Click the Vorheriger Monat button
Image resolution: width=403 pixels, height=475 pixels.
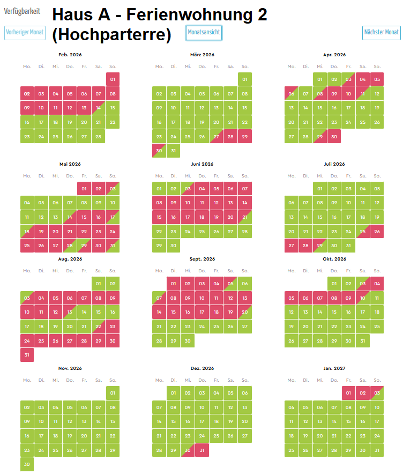coord(25,33)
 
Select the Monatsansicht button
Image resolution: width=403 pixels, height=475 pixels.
coord(204,33)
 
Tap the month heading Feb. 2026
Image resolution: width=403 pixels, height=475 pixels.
coord(70,55)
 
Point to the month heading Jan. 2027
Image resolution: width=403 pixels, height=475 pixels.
coord(334,368)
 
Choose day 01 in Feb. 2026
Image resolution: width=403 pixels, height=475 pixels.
coord(113,79)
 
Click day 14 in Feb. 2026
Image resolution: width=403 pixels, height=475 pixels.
coord(99,108)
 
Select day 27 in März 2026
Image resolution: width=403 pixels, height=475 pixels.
coord(216,137)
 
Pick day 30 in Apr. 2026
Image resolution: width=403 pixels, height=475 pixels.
coord(334,137)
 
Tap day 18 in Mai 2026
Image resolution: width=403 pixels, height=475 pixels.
coord(27,232)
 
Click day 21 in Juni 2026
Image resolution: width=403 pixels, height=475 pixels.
coord(244,217)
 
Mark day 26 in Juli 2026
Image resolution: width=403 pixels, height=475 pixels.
coord(377,232)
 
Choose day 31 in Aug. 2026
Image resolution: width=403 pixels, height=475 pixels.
coord(27,355)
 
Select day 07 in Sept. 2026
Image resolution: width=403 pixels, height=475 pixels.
coord(159,298)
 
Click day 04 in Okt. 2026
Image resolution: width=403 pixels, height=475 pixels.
coord(377,284)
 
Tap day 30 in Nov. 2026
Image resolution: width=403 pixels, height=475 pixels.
coord(27,465)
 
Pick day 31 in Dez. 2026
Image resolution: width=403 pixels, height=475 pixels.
coord(202,450)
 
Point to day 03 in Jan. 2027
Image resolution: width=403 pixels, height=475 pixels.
coord(377,393)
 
